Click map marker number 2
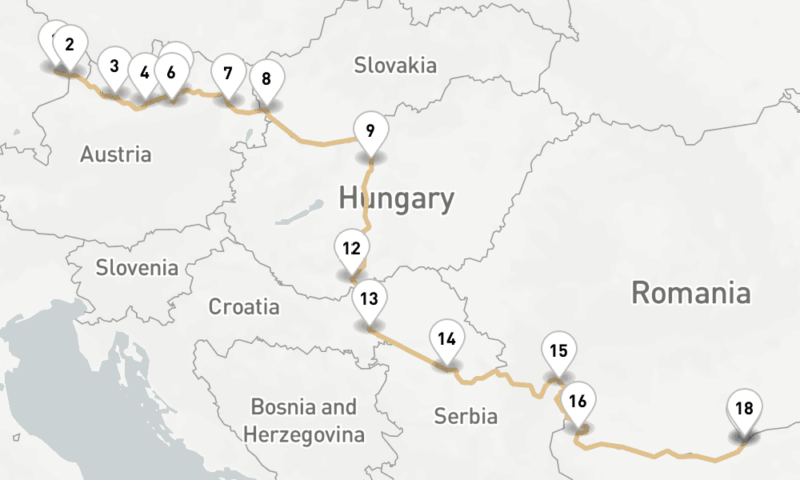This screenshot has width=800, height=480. (70, 46)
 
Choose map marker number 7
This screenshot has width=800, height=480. (228, 74)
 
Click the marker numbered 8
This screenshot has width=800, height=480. (266, 79)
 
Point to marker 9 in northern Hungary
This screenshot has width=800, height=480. (370, 131)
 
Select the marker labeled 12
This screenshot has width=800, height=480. (351, 249)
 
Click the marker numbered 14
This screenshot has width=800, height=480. (447, 339)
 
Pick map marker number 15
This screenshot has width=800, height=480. (559, 351)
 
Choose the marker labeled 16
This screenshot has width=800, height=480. (579, 402)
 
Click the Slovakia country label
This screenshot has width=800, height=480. (395, 65)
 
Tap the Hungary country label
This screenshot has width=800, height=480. (396, 198)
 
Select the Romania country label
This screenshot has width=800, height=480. (691, 293)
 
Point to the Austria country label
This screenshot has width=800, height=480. (115, 154)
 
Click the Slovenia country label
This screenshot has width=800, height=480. (137, 267)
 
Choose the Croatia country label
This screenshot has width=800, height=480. (244, 306)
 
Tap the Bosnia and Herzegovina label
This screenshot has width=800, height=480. (304, 421)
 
